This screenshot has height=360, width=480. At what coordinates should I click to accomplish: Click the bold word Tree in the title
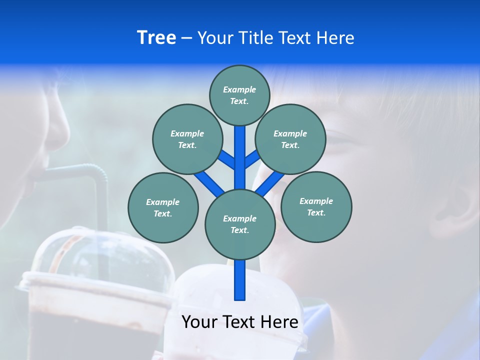156,38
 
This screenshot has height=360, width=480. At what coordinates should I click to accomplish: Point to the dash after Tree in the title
186,38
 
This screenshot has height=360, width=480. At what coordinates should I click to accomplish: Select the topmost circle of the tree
239,95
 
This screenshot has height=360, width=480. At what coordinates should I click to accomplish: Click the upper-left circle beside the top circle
187,139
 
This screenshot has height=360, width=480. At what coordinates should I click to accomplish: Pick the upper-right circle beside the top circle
290,139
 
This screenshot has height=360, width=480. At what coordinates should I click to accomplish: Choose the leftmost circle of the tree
163,207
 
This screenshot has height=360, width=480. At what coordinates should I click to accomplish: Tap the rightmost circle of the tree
316,206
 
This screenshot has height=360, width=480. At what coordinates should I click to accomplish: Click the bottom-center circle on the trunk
240,224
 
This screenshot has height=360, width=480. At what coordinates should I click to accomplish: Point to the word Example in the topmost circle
239,90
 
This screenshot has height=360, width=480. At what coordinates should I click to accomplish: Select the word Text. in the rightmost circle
316,212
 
